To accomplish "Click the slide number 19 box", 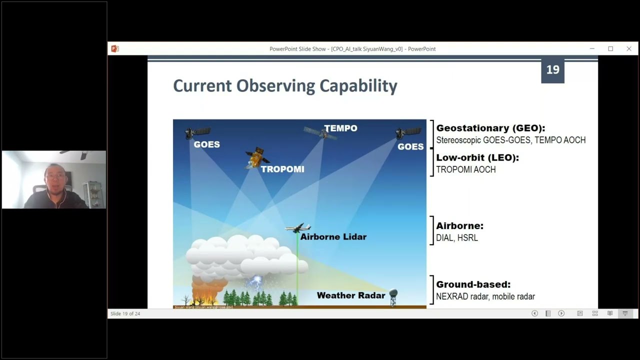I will [x=552, y=70].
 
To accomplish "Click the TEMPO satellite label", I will [x=340, y=128].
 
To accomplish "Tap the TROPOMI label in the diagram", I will [x=282, y=169].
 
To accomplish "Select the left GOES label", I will [x=206, y=144].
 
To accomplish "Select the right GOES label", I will [x=410, y=146].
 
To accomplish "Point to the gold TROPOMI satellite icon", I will [x=257, y=157].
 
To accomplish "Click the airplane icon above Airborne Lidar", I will [x=298, y=228].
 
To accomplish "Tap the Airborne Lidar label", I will [x=333, y=237].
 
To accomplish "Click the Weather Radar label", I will [x=350, y=295].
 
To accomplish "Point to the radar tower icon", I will [x=393, y=297].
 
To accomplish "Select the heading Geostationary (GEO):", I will [x=490, y=128].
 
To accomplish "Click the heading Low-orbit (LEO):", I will [x=477, y=157].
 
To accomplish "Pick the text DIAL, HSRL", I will [x=456, y=238].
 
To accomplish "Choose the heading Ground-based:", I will [x=473, y=284].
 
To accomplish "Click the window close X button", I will [x=628, y=48].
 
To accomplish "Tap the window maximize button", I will [x=610, y=48].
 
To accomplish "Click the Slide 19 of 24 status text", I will [x=125, y=313].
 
